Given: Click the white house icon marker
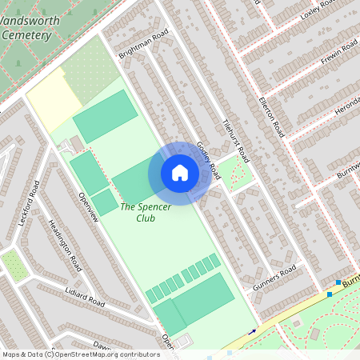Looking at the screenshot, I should (x=180, y=173).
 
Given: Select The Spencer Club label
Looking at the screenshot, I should (x=138, y=212).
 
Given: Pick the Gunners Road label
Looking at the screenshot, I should (x=274, y=277).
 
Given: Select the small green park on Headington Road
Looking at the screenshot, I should (x=14, y=265).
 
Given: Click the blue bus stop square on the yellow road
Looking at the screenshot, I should (x=329, y=294).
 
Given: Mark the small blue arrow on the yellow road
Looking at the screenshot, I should (x=254, y=331).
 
